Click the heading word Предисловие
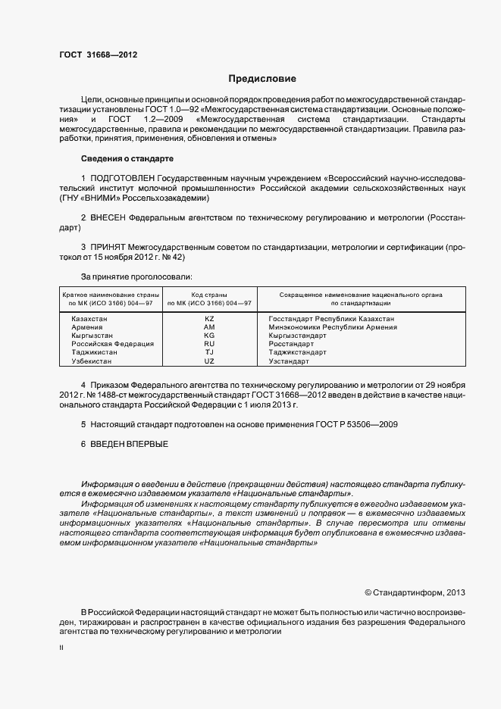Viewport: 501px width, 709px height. [263, 79]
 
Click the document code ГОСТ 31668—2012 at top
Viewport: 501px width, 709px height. [99, 55]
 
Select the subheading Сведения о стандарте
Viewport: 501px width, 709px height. [127, 158]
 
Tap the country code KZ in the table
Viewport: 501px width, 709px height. [210, 319]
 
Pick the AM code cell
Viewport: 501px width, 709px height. [210, 327]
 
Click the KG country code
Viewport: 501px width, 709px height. [210, 336]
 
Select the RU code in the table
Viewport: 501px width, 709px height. [210, 344]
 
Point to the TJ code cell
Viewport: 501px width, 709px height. [210, 352]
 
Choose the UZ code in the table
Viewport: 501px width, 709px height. [210, 361]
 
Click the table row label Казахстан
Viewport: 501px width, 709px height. [89, 319]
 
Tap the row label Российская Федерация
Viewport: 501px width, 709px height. [112, 344]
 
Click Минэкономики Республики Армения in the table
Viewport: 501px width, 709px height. [327, 327]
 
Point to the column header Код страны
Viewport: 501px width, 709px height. [210, 295]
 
